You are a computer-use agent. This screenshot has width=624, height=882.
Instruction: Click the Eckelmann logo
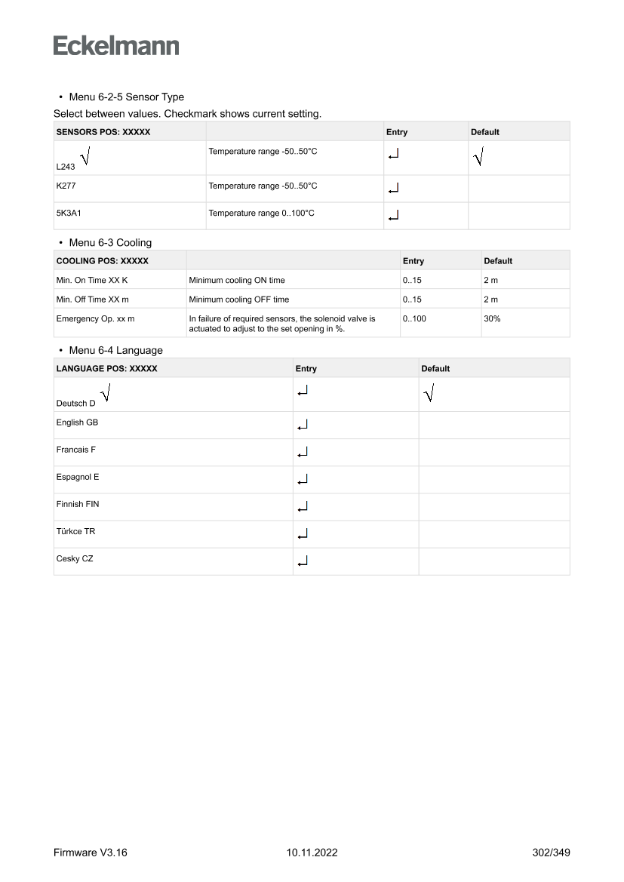[116, 45]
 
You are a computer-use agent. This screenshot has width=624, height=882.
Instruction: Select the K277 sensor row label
[66, 186]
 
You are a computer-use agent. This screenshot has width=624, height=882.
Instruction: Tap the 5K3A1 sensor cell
[69, 214]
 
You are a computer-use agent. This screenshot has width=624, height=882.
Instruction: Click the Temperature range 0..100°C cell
[261, 214]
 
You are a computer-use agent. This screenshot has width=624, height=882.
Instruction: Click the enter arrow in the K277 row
[392, 189]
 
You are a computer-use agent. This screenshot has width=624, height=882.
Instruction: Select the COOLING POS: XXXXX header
[102, 261]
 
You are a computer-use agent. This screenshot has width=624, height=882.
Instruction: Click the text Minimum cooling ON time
[237, 280]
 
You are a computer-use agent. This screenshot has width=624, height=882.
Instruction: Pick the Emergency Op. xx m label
[95, 319]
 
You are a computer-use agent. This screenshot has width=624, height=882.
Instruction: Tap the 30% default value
[492, 319]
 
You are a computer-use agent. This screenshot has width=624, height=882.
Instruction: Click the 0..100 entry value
[414, 319]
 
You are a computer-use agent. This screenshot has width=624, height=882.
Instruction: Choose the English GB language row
[77, 423]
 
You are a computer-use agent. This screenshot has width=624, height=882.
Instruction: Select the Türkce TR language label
[75, 531]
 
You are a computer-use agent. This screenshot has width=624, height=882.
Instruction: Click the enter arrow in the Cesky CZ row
[303, 561]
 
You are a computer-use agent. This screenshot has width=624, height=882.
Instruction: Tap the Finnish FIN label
[77, 504]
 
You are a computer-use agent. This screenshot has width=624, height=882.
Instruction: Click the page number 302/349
[551, 853]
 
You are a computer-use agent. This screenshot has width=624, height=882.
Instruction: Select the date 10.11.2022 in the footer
[312, 853]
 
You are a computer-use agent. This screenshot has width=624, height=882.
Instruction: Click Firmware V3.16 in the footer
[91, 853]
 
